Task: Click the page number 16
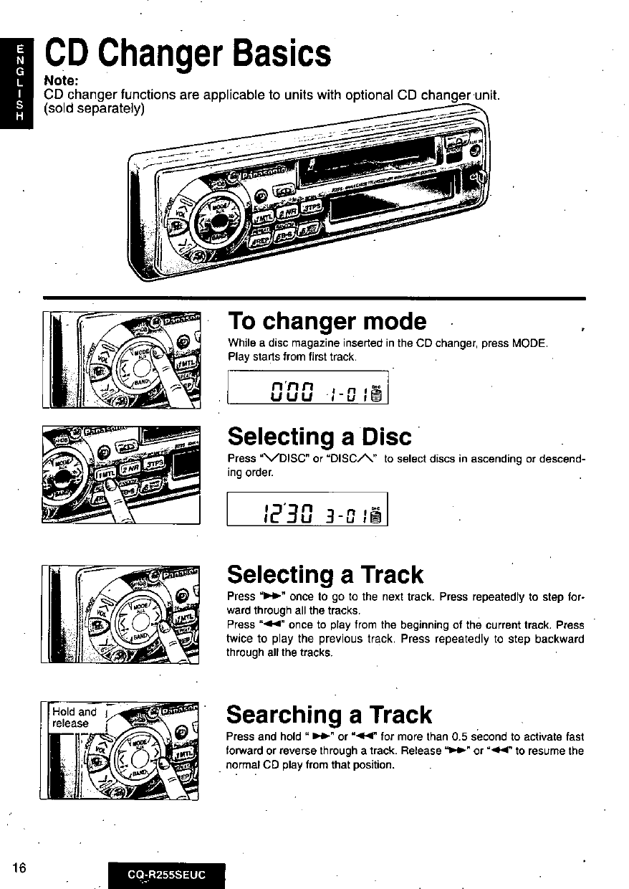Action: click(x=19, y=867)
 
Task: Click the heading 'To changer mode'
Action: click(x=327, y=320)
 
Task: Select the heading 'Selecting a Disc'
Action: click(x=320, y=436)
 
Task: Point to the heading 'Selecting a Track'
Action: click(x=325, y=574)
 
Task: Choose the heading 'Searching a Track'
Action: click(x=329, y=714)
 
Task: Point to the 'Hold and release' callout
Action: click(x=75, y=718)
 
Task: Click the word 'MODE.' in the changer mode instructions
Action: click(x=531, y=343)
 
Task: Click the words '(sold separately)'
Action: click(x=95, y=108)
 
